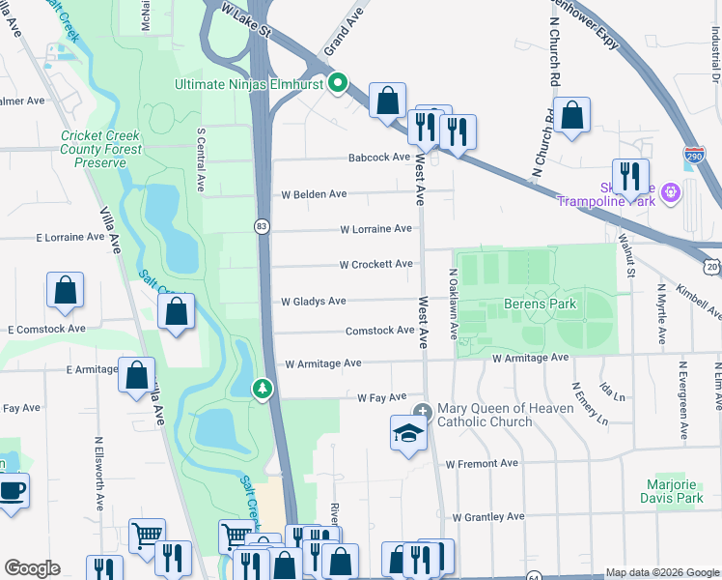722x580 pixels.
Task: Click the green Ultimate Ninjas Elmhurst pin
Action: click(x=337, y=84)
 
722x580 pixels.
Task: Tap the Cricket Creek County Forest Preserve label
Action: click(x=101, y=150)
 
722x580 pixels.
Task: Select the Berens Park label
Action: click(x=540, y=304)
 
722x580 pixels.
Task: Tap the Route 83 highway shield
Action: click(x=262, y=225)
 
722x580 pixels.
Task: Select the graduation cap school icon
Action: click(x=408, y=433)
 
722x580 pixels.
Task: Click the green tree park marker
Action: click(x=261, y=389)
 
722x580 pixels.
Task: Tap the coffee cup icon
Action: click(x=12, y=490)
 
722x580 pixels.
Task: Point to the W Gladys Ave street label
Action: click(x=313, y=302)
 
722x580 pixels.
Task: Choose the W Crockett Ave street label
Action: click(x=375, y=264)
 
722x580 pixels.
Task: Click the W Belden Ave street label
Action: click(x=314, y=194)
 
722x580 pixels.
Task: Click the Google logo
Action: click(x=32, y=568)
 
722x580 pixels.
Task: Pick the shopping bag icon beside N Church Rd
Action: click(x=572, y=116)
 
